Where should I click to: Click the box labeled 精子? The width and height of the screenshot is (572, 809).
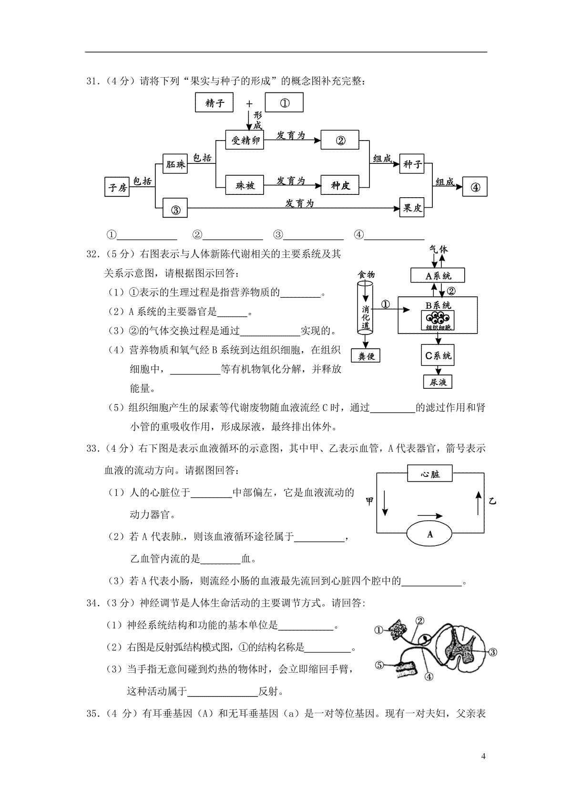pos(214,103)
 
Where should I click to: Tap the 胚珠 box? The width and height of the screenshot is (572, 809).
pos(174,164)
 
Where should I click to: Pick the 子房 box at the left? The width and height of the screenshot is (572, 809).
pos(117,187)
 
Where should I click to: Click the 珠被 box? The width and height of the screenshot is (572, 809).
pos(245,185)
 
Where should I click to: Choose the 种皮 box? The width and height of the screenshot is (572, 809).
pos(340,185)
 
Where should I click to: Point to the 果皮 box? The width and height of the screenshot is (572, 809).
pos(412,208)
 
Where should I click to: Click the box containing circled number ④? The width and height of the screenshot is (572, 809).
pos(475,187)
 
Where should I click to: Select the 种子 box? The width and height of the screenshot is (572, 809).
pos(412,164)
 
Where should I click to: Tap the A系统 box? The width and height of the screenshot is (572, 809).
pos(438,275)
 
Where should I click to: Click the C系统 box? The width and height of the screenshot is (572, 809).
pos(438,355)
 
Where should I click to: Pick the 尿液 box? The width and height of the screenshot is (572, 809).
pos(438,382)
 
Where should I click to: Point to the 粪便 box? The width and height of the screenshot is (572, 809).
pos(366,355)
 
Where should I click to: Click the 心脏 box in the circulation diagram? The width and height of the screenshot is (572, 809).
pos(430,474)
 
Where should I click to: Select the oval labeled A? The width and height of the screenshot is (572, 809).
pos(430,534)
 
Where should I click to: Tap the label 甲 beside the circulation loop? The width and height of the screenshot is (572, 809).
pos(369,501)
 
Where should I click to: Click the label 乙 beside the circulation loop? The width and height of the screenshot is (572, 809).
pos(492,501)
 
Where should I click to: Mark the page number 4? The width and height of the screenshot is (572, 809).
pos(483,756)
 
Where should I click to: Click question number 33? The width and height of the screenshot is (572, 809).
pos(92,448)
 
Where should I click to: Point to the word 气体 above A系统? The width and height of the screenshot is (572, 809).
pos(438,249)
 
